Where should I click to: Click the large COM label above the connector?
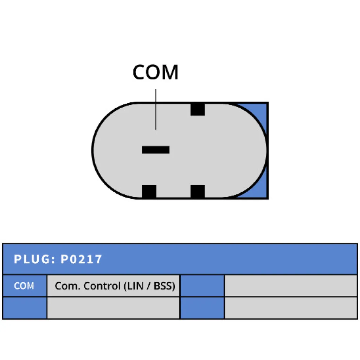pyautogui.click(x=155, y=72)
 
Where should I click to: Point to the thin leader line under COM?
pyautogui.click(x=156, y=109)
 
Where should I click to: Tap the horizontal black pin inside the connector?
pyautogui.click(x=156, y=150)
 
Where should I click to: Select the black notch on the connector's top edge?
pyautogui.click(x=198, y=109)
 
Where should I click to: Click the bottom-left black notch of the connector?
pyautogui.click(x=149, y=192)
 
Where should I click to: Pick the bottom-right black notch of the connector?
pyautogui.click(x=198, y=192)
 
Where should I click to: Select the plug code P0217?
pyautogui.click(x=81, y=259)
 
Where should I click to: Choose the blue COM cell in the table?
pyautogui.click(x=24, y=286)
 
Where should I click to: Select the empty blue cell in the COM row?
pyautogui.click(x=202, y=286)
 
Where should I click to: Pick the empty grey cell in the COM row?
pyautogui.click(x=291, y=286)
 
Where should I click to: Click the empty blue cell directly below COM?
pyautogui.click(x=24, y=308)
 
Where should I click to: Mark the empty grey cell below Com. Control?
pyautogui.click(x=113, y=308)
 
